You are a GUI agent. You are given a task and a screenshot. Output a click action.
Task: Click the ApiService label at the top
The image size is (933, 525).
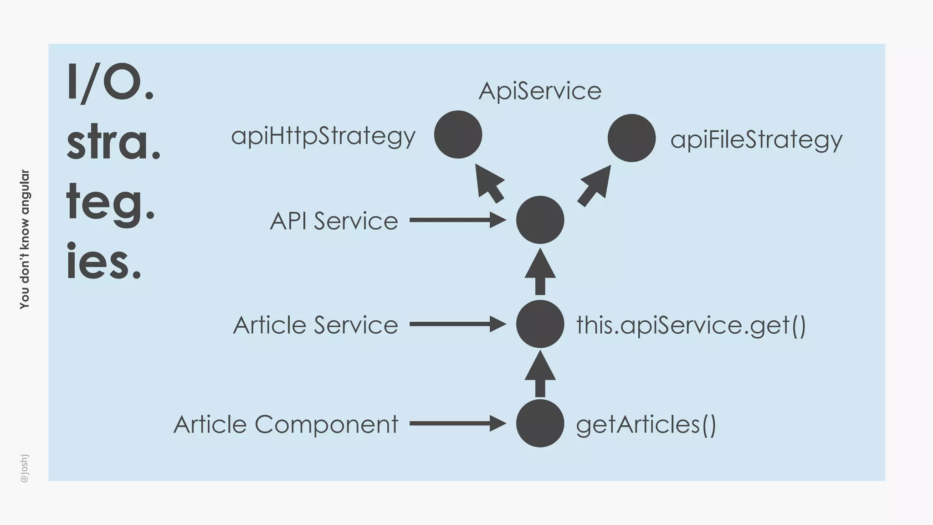click(540, 91)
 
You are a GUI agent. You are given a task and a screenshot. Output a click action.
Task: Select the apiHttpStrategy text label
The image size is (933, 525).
click(323, 136)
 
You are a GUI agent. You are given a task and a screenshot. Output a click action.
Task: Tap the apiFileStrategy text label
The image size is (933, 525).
click(756, 139)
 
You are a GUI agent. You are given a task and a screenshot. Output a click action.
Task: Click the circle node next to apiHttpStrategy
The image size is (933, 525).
click(458, 134)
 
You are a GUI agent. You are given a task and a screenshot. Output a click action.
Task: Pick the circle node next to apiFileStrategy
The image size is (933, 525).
click(631, 138)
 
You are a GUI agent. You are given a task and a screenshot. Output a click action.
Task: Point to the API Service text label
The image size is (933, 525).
click(333, 221)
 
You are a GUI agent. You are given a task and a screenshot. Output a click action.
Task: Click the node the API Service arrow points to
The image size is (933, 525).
click(540, 220)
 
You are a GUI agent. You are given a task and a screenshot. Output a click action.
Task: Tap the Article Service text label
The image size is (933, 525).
click(315, 325)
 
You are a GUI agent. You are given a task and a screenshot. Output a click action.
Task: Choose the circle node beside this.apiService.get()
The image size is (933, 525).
click(540, 324)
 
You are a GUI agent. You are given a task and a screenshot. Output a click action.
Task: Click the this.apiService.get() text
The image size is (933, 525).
click(691, 325)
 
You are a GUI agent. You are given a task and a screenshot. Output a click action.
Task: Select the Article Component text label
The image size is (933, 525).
click(286, 424)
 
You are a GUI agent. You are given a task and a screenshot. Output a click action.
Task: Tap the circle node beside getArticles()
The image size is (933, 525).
click(540, 423)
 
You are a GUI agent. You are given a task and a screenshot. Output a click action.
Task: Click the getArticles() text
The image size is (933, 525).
click(646, 425)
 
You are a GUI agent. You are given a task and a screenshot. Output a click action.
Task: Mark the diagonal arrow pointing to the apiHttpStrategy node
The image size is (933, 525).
click(488, 183)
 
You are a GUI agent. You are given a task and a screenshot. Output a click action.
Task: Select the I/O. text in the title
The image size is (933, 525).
click(111, 83)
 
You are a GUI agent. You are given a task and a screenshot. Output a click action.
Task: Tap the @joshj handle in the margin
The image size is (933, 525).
click(25, 468)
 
